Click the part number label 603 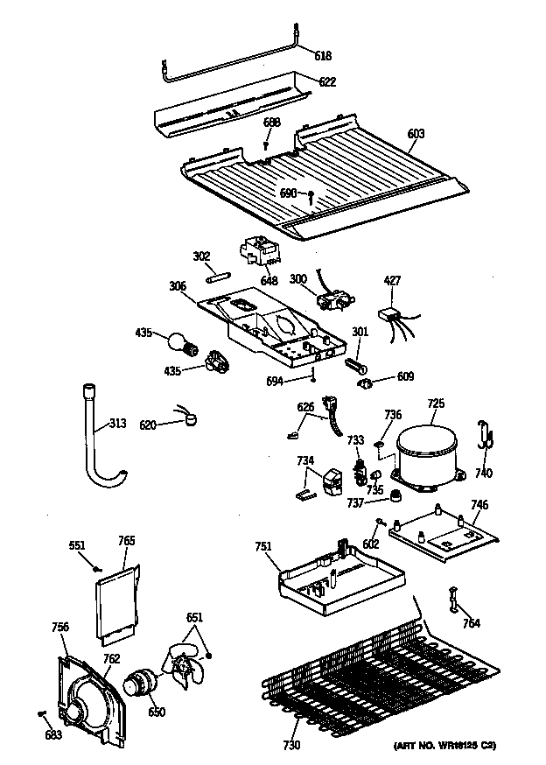pyautogui.click(x=416, y=134)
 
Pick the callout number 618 pyautogui.click(x=324, y=55)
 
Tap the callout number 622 pyautogui.click(x=327, y=81)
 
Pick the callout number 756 pyautogui.click(x=59, y=626)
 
